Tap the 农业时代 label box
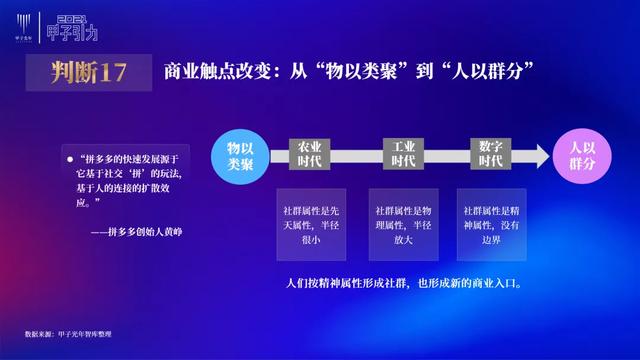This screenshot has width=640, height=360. pos(310,154)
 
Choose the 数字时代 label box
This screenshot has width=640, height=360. pos(490,154)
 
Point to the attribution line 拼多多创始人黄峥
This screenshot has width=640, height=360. pos(142,231)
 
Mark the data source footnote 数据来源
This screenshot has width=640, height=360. pos(65,333)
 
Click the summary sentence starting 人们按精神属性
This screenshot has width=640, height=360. pos(402,282)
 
